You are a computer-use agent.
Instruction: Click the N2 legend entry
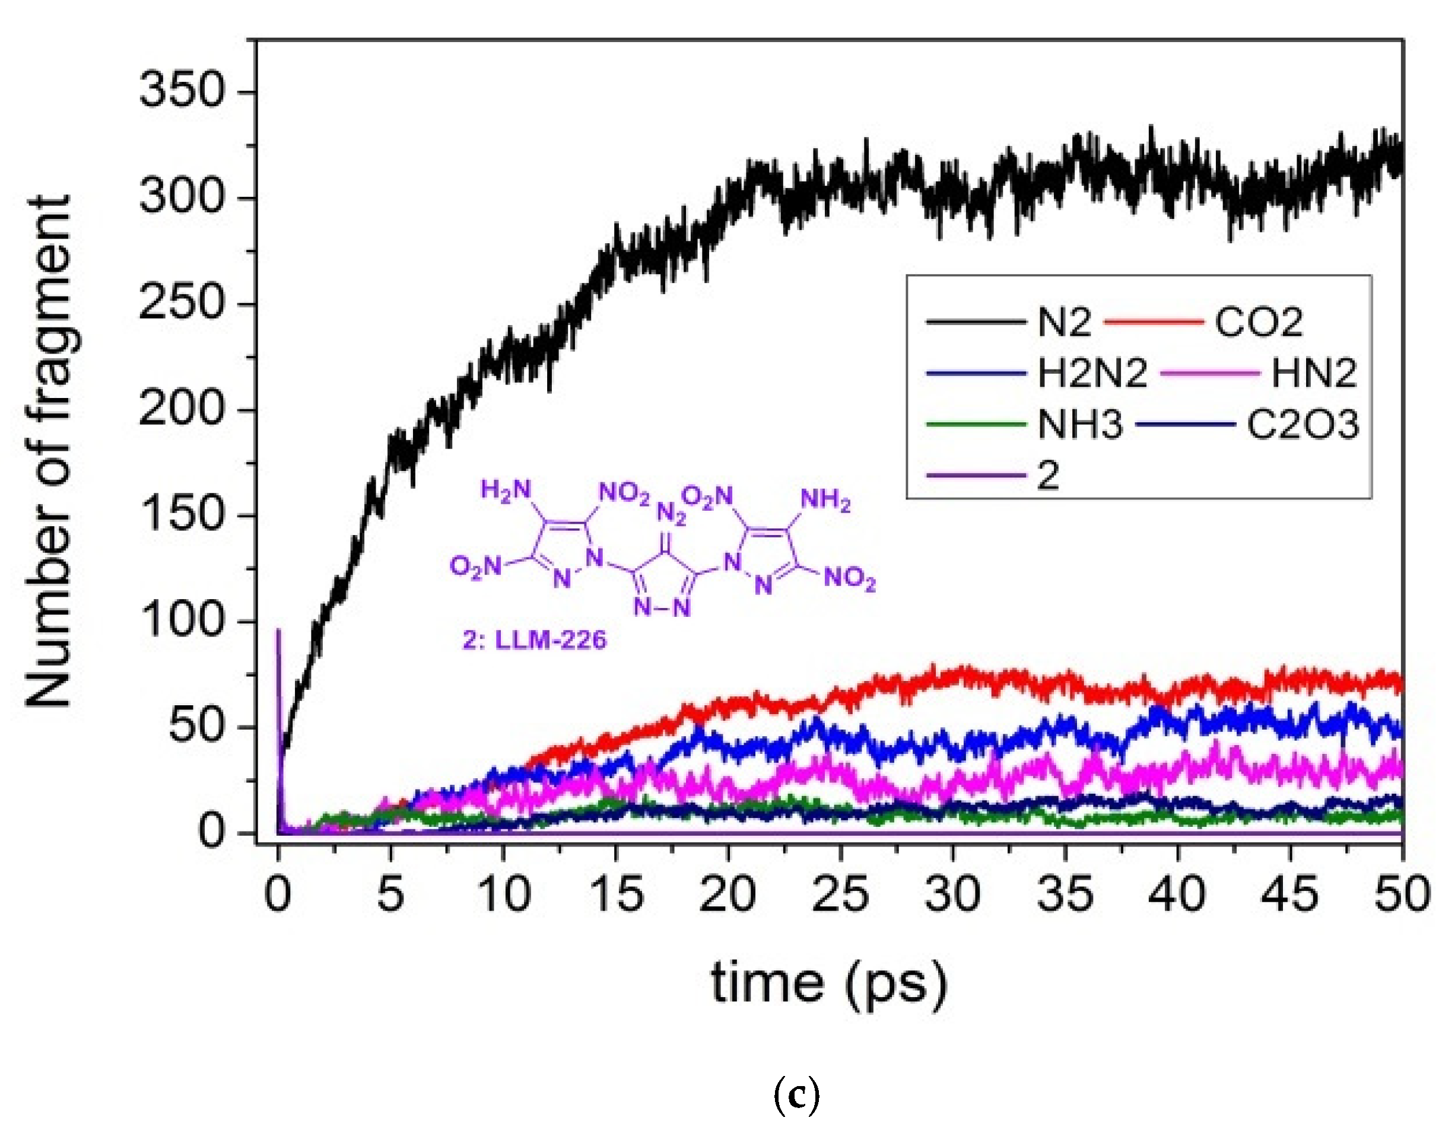(1063, 323)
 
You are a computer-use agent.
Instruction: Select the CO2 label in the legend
(1259, 323)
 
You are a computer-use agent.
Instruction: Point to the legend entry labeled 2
(1048, 475)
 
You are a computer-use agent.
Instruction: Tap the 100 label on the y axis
(182, 621)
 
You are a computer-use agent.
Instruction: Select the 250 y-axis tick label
(182, 304)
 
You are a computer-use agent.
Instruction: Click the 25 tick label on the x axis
(840, 896)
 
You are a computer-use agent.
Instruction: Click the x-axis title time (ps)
(829, 983)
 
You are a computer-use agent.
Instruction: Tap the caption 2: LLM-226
(533, 640)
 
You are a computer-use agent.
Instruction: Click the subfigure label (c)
(797, 1096)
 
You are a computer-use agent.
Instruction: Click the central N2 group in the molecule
(671, 512)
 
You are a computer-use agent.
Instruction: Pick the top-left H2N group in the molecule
(506, 489)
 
